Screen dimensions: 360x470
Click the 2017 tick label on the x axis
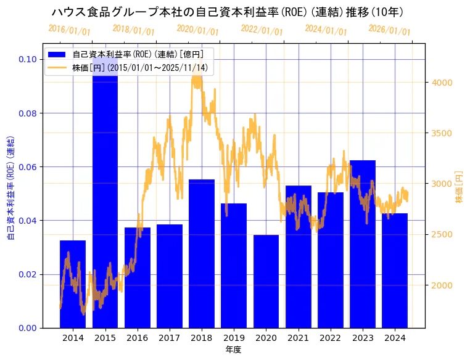(169, 338)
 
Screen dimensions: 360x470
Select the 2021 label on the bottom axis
(298, 338)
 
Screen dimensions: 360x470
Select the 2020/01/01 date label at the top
(197, 30)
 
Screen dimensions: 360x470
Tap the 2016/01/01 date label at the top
(69, 30)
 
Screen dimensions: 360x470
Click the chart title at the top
(228, 12)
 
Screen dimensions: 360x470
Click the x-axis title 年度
(233, 350)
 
